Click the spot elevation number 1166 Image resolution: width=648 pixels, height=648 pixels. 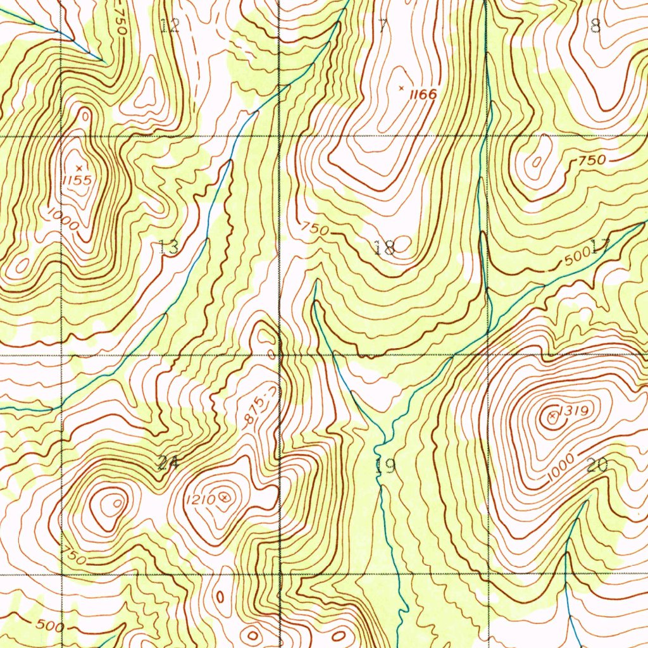click(423, 95)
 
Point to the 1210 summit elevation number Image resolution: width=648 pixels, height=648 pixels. click(201, 500)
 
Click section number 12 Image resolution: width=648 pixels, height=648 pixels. click(170, 26)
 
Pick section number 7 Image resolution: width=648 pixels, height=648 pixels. click(382, 26)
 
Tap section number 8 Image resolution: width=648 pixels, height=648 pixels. click(595, 26)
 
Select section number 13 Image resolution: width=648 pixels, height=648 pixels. click(168, 247)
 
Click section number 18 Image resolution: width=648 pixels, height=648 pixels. click(384, 247)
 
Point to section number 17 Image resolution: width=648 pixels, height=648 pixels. click(599, 246)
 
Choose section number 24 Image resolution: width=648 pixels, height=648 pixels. click(168, 464)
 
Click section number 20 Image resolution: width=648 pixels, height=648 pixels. click(597, 466)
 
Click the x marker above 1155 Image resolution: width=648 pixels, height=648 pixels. click(78, 167)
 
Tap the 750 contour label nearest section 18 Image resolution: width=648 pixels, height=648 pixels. click(315, 228)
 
